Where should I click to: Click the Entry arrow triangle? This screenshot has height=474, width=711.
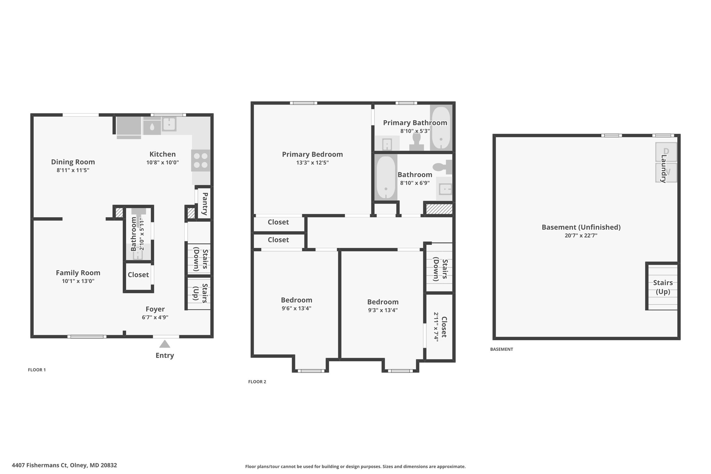point(165,344)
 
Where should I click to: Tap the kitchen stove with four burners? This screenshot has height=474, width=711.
point(201,160)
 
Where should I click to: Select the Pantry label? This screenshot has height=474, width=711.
point(205,204)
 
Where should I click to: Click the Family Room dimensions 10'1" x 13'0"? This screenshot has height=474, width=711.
point(78,281)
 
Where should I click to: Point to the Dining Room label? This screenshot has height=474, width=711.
point(73,162)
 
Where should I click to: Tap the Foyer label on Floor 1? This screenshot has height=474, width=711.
point(155,309)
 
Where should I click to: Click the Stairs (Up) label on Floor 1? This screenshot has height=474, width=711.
point(201,293)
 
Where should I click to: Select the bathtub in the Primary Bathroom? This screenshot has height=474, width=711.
point(441,128)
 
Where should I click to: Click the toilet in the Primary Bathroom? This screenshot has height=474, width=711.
point(416,142)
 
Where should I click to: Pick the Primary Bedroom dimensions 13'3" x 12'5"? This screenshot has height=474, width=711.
point(312,163)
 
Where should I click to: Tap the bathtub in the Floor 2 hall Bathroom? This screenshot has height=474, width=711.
point(386,177)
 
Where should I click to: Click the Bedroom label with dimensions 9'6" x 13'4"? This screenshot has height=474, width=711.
point(296,300)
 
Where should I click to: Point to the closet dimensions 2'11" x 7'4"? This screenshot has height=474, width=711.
point(436,327)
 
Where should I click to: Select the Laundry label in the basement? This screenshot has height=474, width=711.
point(663,168)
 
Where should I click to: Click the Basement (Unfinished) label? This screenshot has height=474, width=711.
point(581,227)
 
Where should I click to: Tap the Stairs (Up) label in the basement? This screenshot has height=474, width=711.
point(663,287)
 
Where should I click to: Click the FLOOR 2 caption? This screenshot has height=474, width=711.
point(257,382)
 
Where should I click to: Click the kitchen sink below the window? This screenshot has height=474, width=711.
point(169,124)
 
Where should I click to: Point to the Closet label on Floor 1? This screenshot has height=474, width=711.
point(138,275)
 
